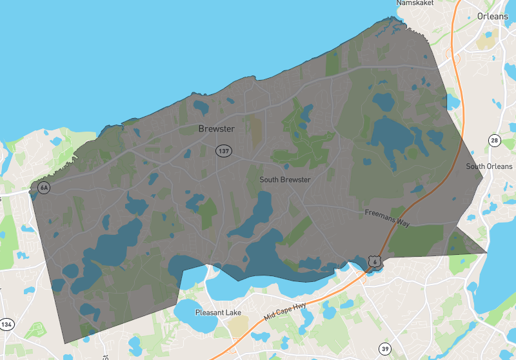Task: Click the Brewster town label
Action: coord(216,129)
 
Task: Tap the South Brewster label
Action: coord(285,179)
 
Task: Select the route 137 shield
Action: coord(224,151)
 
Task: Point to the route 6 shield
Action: coord(374,261)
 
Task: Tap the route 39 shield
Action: coord(385,348)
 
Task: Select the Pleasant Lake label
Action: coord(219,313)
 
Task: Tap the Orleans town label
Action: coord(492,16)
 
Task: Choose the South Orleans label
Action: coord(490,166)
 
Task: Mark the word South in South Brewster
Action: coord(270,179)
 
